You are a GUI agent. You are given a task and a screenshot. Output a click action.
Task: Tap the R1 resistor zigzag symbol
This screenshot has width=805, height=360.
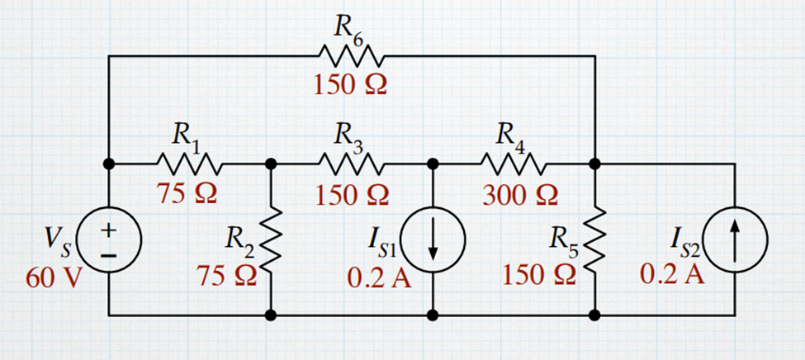click(x=189, y=163)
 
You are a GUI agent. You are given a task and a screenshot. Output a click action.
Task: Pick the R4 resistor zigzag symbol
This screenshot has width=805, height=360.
click(x=514, y=163)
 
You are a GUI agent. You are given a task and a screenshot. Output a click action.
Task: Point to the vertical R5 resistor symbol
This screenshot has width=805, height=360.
click(x=595, y=239)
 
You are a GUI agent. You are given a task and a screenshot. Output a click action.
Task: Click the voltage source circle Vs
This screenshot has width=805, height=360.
click(x=109, y=239)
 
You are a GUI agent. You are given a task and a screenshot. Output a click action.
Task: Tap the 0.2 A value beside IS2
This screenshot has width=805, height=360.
click(x=672, y=274)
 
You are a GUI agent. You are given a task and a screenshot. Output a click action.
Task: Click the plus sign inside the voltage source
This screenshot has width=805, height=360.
click(x=108, y=229)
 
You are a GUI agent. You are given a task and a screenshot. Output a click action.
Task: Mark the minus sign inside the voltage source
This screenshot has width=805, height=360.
click(x=108, y=253)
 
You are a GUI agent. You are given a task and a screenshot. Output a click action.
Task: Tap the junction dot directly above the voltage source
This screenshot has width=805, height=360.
click(x=109, y=163)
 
